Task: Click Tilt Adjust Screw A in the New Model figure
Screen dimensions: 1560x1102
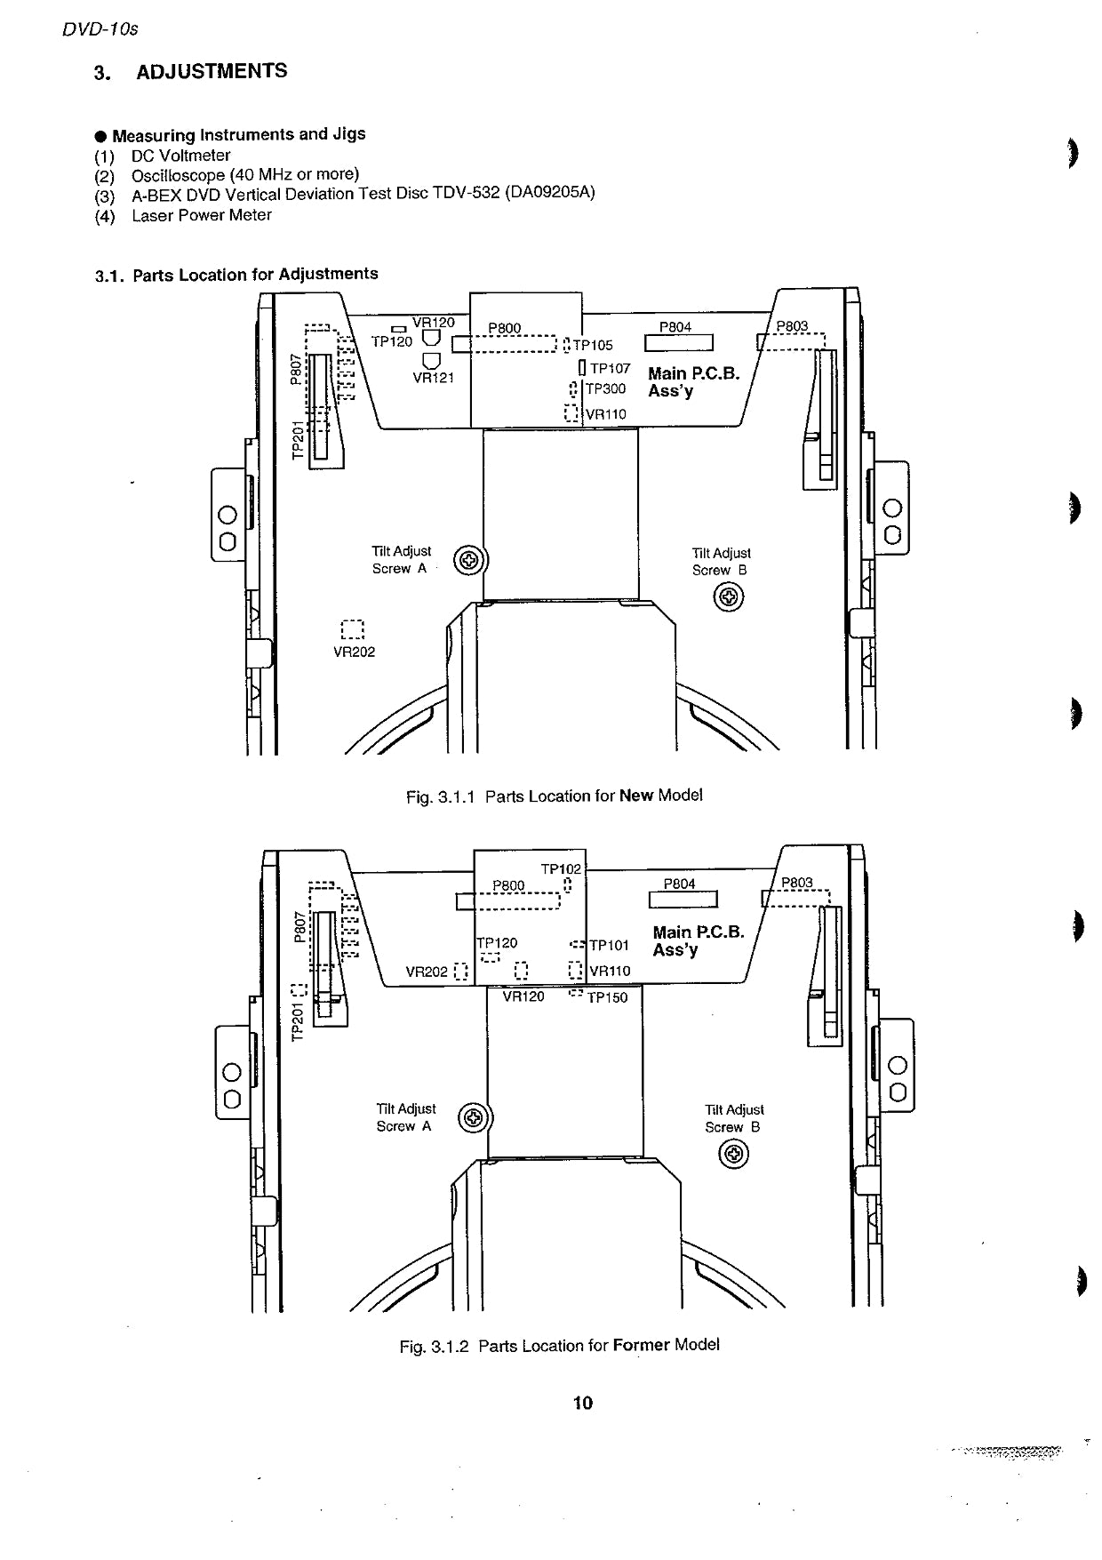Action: [x=470, y=560]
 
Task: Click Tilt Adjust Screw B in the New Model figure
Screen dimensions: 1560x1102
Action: [x=729, y=598]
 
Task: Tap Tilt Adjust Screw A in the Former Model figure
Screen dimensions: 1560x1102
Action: [x=474, y=1117]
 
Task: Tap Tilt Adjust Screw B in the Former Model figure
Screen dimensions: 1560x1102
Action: [x=733, y=1155]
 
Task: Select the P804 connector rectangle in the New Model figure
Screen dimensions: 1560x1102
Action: [x=679, y=343]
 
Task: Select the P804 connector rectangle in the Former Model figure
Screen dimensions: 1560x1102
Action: [x=683, y=900]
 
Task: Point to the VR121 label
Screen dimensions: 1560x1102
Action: [x=434, y=378]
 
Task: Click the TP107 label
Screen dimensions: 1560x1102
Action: [x=611, y=368]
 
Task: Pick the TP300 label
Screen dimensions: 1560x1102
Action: [x=605, y=389]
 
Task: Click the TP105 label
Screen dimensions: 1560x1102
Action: [x=593, y=346]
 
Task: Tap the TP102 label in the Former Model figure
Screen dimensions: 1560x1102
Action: [x=561, y=869]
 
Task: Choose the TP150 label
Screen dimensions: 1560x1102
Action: [x=607, y=998]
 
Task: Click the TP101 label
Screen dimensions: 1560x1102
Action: [x=610, y=946]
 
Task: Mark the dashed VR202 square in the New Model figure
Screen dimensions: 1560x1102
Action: [x=353, y=629]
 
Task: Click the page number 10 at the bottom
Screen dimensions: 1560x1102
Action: [x=583, y=1403]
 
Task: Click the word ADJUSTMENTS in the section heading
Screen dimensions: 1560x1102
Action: [x=212, y=71]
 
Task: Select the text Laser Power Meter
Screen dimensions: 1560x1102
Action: [x=202, y=215]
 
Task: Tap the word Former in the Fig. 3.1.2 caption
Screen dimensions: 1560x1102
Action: [x=641, y=1345]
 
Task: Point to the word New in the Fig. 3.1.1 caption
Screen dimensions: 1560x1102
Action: [x=636, y=796]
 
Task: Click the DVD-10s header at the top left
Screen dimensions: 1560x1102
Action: [x=100, y=29]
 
